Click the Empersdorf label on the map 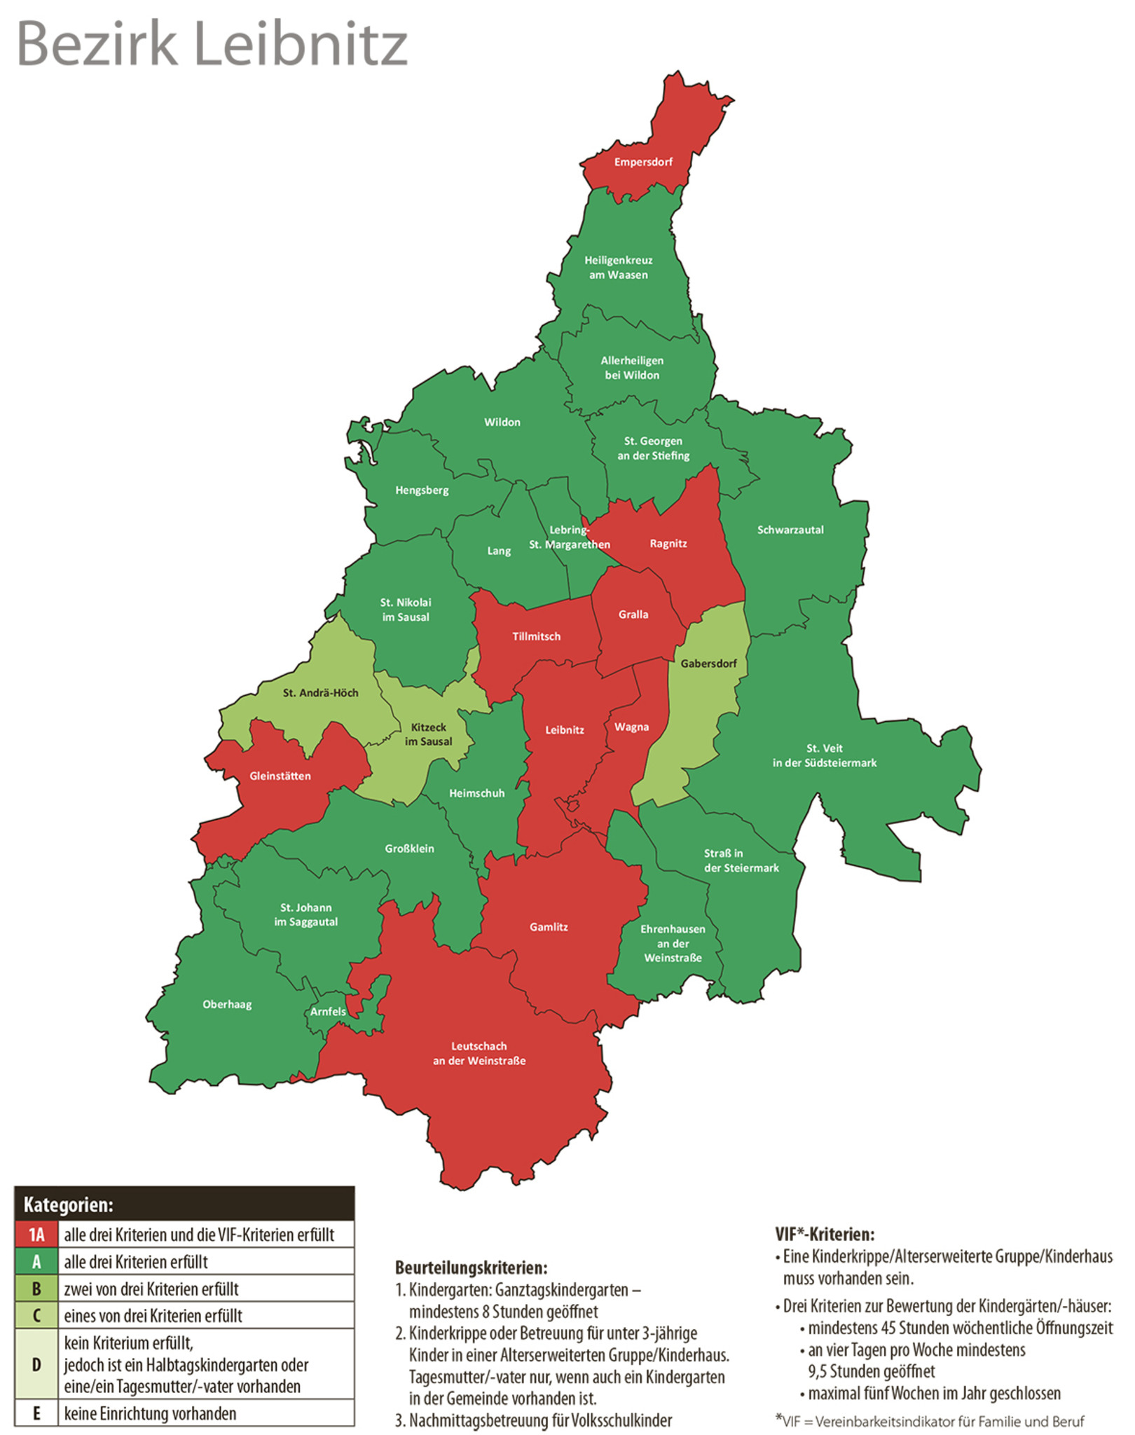click(x=642, y=162)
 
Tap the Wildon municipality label click(x=502, y=422)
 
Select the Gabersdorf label click(x=708, y=663)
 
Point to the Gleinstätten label click(x=280, y=776)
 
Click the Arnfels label click(x=328, y=1011)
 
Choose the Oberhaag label click(x=227, y=1004)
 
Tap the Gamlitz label click(x=549, y=926)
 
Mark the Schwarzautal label click(x=790, y=530)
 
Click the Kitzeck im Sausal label click(x=428, y=734)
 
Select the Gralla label click(x=633, y=614)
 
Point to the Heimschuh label click(x=476, y=792)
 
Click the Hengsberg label click(x=422, y=490)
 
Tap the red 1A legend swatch click(x=36, y=1234)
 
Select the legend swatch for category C click(x=36, y=1315)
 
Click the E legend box click(x=36, y=1413)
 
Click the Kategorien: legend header click(x=69, y=1204)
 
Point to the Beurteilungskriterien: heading click(x=471, y=1268)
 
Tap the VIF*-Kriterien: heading click(x=825, y=1234)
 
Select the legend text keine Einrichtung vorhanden click(x=150, y=1413)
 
